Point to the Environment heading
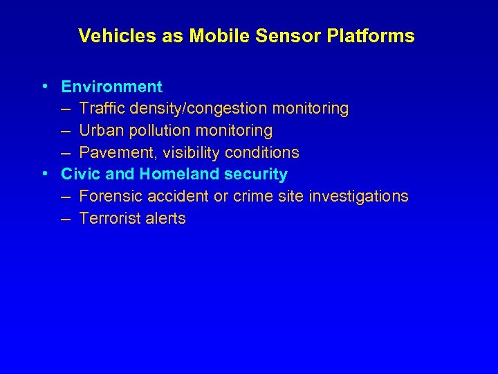[x=112, y=87]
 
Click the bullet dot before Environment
[x=44, y=87]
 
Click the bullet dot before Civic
[x=44, y=174]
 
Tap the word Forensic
[x=109, y=197]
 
